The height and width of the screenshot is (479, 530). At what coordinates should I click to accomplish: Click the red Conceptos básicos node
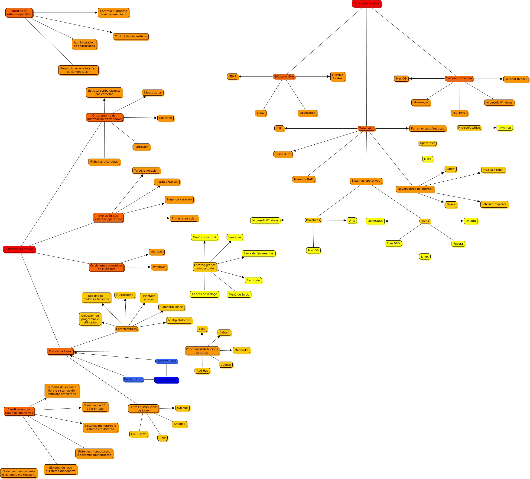pos(366,4)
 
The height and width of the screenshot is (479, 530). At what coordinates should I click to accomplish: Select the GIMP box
pos(232,77)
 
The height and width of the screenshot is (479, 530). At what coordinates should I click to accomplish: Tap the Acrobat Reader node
pos(516,79)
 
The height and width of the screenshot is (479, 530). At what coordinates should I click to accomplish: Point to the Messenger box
pos(420,102)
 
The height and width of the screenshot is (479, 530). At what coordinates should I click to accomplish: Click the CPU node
pos(279,128)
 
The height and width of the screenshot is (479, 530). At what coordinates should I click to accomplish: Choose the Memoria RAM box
pos(303,179)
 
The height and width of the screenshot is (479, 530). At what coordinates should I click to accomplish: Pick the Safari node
pos(450,169)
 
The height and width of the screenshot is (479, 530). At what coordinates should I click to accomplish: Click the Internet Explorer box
pos(494,204)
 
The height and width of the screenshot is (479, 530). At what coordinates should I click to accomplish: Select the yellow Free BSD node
pos(393,243)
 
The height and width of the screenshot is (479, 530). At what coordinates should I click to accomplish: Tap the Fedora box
pos(458,244)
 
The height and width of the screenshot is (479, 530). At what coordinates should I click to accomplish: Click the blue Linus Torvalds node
pos(166,380)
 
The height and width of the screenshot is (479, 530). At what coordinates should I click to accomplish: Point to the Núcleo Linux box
pos(133,379)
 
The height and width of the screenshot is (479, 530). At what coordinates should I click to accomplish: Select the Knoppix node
pos(179,424)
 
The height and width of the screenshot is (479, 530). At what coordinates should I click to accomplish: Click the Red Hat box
pos(202,371)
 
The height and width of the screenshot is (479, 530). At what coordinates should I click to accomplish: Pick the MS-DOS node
pos(157,252)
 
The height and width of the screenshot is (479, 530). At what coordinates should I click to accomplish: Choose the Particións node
pos(141,147)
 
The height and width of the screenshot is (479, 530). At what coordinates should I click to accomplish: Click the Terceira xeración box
pos(146,170)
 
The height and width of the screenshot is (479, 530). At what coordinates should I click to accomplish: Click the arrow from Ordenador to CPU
pos(321,128)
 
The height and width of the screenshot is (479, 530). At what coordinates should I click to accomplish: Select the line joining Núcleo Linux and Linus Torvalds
pos(149,379)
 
